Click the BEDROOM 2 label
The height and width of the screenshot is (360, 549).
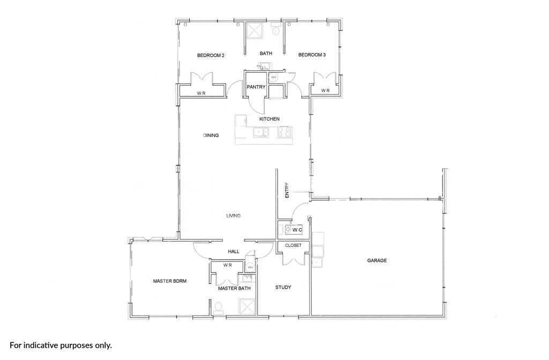tap(210, 55)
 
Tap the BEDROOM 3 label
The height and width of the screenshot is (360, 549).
tap(312, 55)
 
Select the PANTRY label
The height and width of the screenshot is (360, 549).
tap(256, 87)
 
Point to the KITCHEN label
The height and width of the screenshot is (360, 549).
tap(269, 119)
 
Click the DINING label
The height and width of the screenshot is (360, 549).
tap(211, 135)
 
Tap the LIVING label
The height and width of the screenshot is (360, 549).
tap(233, 216)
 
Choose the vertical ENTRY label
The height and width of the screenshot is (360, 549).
tap(287, 190)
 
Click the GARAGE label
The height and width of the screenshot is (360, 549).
tap(377, 260)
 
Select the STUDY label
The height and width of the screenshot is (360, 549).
tap(283, 288)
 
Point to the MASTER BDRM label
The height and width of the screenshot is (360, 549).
tap(170, 281)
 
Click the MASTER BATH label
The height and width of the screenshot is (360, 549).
tap(234, 289)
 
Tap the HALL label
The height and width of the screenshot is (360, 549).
tap(234, 251)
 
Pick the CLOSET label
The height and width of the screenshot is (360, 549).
tap(293, 245)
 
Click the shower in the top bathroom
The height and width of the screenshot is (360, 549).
tap(256, 30)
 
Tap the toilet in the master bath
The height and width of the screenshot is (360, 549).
tap(219, 307)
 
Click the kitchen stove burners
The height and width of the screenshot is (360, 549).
tap(284, 132)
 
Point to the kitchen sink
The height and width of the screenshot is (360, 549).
tap(261, 132)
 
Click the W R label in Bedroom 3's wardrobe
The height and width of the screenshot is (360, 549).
tap(325, 91)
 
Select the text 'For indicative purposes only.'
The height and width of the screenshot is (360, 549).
tap(61, 346)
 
